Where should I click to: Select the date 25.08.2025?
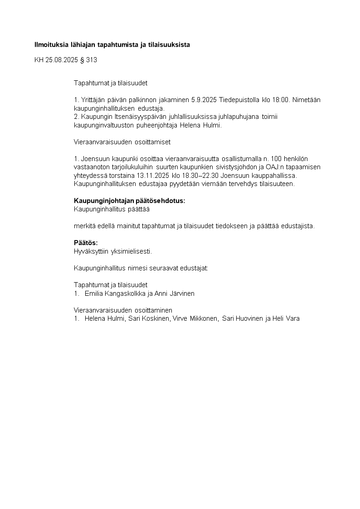[61, 60]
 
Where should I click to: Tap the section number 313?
[91, 60]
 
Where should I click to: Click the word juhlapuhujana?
[230, 117]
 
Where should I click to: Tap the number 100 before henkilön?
[277, 159]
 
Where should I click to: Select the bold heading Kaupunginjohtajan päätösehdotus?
[129, 201]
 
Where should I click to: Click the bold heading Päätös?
[86, 243]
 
